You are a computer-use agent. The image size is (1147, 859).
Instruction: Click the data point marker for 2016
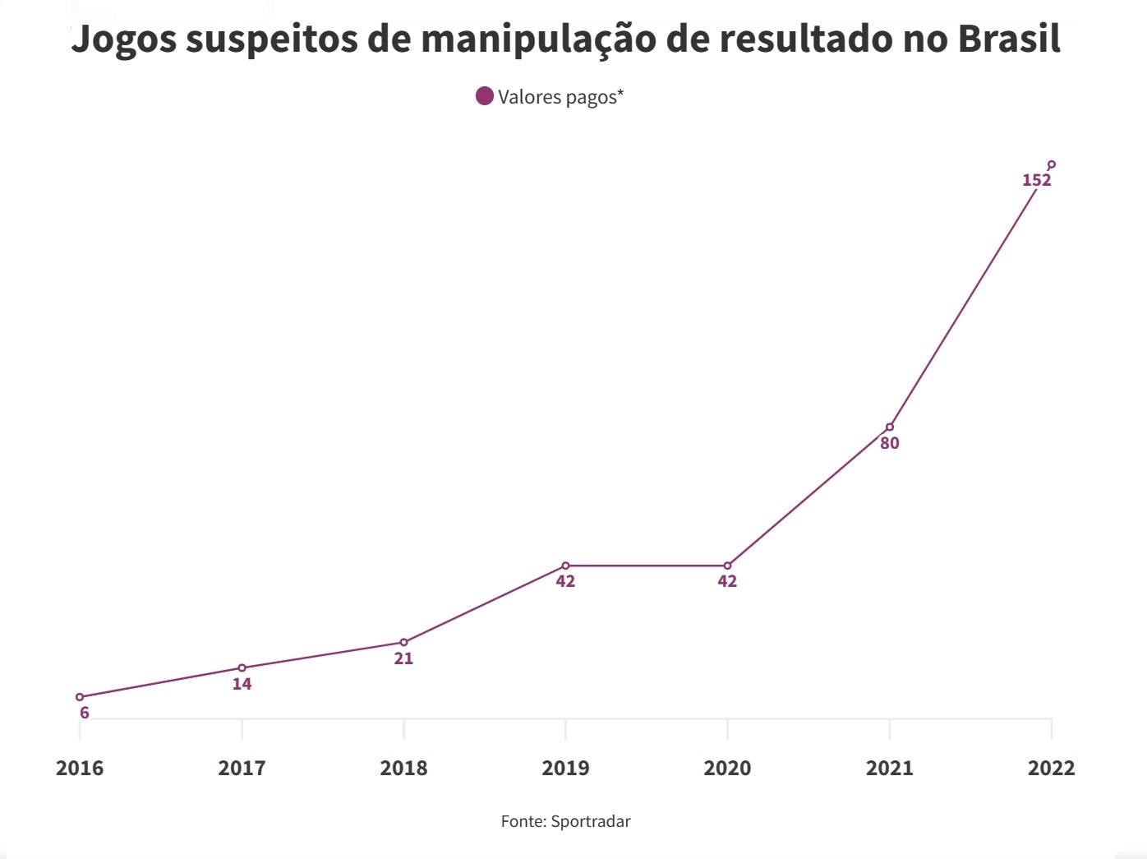(80, 697)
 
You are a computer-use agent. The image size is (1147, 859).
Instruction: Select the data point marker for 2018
(403, 642)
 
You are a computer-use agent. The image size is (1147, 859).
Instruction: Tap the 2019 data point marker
(565, 566)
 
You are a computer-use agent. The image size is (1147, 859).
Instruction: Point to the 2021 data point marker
(890, 427)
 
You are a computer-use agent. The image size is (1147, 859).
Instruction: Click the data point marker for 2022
(1052, 164)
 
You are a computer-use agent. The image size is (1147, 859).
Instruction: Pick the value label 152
(1036, 180)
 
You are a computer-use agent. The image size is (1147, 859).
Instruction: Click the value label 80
(890, 443)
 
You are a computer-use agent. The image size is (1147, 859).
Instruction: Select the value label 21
(403, 658)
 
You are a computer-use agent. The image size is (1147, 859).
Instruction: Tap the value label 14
(242, 684)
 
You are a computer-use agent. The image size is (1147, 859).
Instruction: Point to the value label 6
(85, 713)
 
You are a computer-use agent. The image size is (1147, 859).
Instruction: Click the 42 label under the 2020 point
(727, 581)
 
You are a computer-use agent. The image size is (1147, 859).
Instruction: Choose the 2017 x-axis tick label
(242, 768)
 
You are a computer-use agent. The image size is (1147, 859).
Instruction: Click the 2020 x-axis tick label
(727, 768)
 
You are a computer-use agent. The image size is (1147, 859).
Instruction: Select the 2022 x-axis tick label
(1051, 768)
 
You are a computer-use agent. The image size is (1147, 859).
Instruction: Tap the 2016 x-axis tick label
(80, 768)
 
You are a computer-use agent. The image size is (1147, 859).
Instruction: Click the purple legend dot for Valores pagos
(485, 96)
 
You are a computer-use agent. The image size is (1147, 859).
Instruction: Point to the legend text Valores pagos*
(560, 97)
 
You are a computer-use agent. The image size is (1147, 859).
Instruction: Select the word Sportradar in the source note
(591, 821)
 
